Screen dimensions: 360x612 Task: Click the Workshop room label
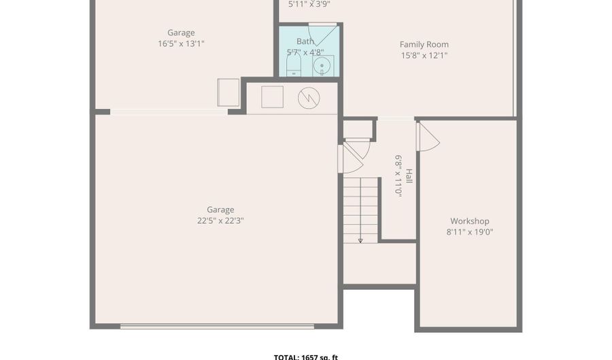469,221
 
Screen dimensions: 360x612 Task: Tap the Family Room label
424,45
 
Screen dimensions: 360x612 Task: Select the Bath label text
305,42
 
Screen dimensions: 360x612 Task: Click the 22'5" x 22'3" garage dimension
220,220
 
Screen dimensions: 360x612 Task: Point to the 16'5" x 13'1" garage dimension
181,44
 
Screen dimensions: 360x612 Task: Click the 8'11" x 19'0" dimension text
469,232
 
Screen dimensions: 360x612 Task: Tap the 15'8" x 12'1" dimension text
424,56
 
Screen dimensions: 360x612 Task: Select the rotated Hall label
409,176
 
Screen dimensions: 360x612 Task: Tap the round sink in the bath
322,66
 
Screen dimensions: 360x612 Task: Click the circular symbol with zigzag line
309,98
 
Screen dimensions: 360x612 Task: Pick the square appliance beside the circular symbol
272,97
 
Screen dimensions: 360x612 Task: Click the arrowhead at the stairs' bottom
360,240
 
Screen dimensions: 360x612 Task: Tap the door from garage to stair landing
350,160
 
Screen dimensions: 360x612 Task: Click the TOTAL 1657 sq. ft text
306,357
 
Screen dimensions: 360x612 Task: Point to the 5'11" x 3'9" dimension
309,4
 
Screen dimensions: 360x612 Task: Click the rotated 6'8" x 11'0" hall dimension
398,176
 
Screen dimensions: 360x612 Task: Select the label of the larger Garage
220,210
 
